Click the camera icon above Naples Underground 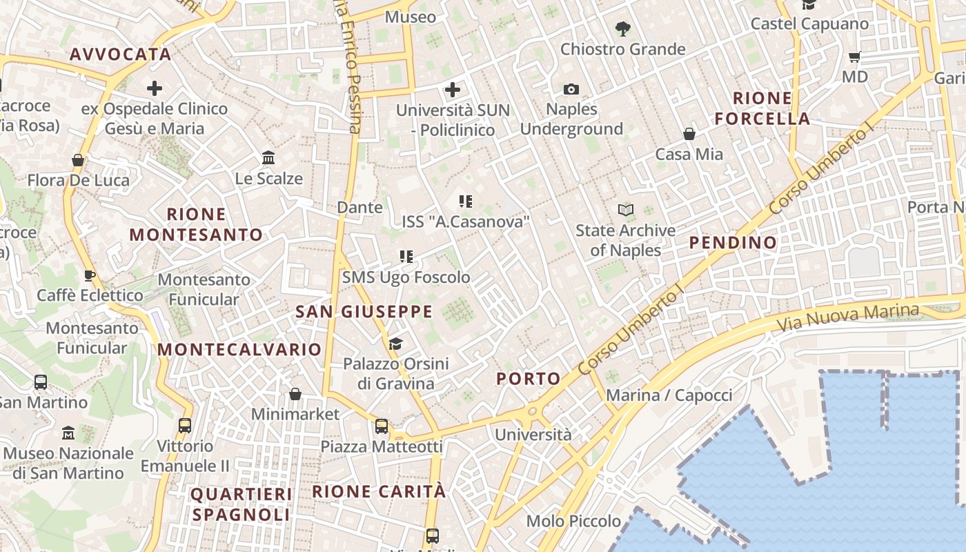pyautogui.click(x=571, y=89)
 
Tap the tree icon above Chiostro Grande pyautogui.click(x=622, y=28)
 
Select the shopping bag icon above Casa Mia pyautogui.click(x=689, y=134)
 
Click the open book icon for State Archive pyautogui.click(x=626, y=210)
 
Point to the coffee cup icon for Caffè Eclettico pyautogui.click(x=90, y=275)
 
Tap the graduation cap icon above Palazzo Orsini pyautogui.click(x=395, y=344)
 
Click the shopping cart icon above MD pyautogui.click(x=855, y=57)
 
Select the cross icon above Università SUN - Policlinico pyautogui.click(x=453, y=89)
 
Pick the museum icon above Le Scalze pyautogui.click(x=268, y=158)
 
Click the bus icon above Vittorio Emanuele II pyautogui.click(x=184, y=425)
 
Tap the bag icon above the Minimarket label pyautogui.click(x=295, y=394)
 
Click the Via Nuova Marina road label pyautogui.click(x=848, y=317)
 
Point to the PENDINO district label pyautogui.click(x=733, y=242)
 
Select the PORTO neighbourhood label pyautogui.click(x=529, y=378)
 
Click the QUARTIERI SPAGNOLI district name pyautogui.click(x=241, y=504)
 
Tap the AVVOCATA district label pyautogui.click(x=121, y=55)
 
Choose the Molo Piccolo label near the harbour pyautogui.click(x=573, y=521)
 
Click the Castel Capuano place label pyautogui.click(x=809, y=23)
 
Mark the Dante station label pyautogui.click(x=359, y=207)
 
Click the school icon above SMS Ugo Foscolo pyautogui.click(x=406, y=257)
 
